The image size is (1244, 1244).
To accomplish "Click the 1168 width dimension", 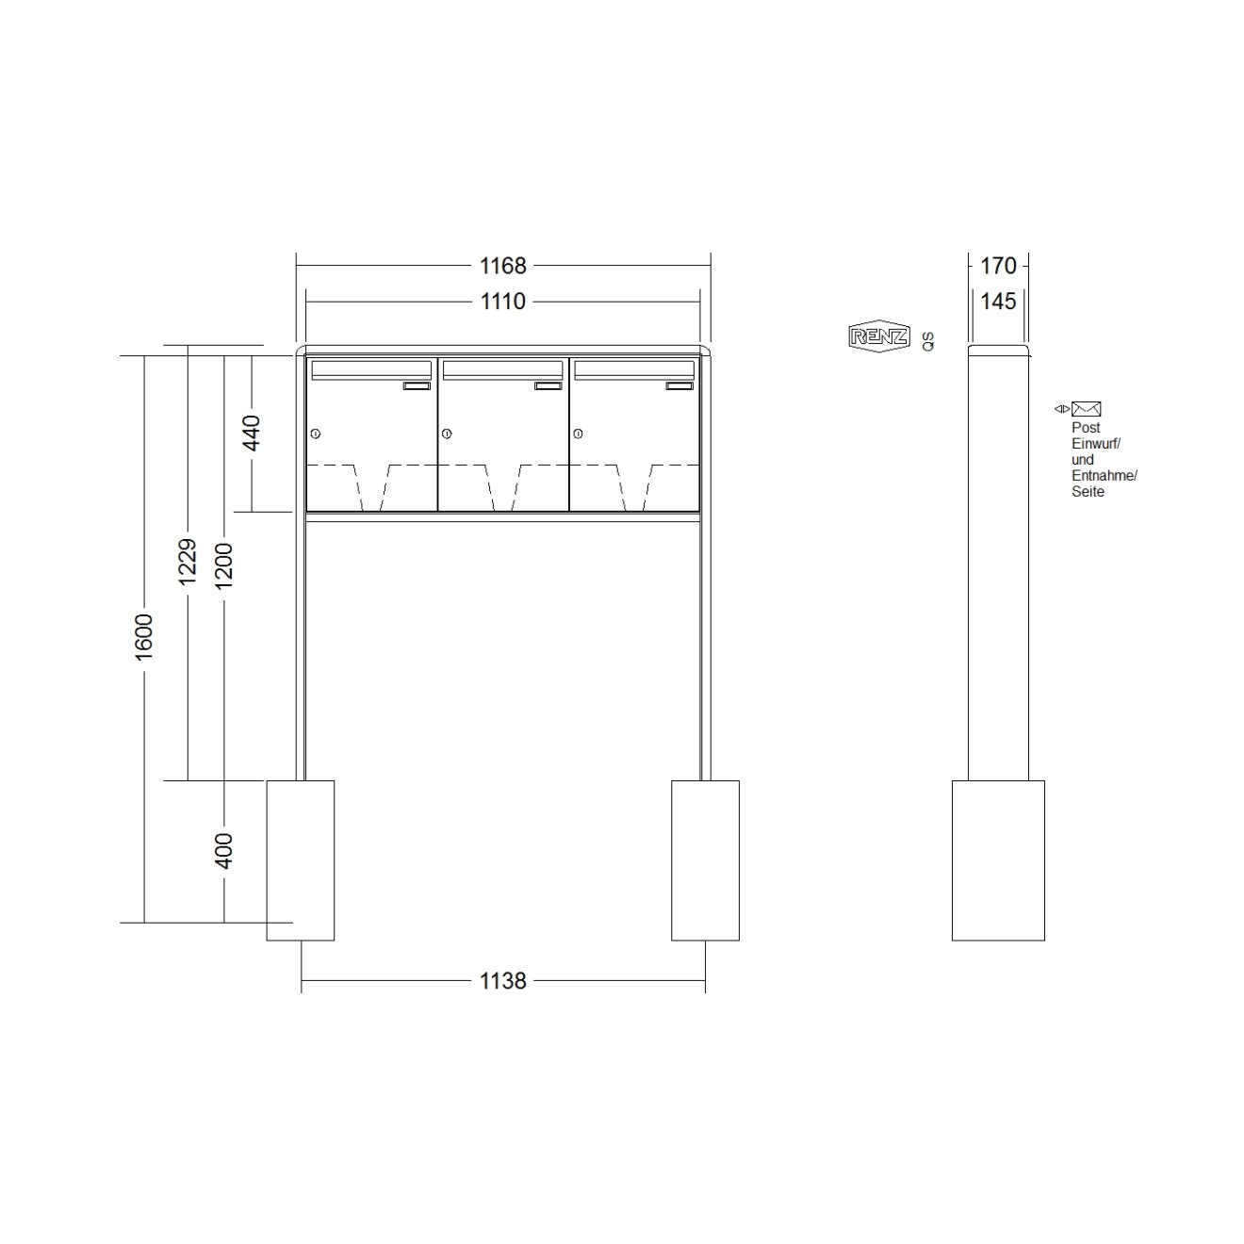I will click(503, 266).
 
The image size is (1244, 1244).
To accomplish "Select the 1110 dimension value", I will click(503, 302).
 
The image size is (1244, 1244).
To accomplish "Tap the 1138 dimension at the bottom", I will click(503, 981).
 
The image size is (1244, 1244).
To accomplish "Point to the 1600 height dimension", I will click(144, 636).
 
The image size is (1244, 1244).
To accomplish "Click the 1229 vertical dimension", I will click(188, 562).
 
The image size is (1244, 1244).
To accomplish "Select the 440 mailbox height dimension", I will click(252, 433).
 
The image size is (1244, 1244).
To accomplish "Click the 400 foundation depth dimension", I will click(223, 851).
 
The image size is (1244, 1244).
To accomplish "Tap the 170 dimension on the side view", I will click(998, 266).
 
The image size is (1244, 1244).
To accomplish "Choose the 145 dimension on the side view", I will click(998, 302).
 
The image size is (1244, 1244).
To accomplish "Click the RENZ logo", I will click(879, 336).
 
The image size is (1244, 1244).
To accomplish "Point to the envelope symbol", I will click(1086, 409).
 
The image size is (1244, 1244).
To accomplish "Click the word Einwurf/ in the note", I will click(1095, 444).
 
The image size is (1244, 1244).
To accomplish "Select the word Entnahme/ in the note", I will click(1104, 476).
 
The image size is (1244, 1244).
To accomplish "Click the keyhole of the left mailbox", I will click(316, 434).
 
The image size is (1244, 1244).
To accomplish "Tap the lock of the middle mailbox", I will click(447, 434).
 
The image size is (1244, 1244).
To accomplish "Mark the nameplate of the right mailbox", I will click(679, 385).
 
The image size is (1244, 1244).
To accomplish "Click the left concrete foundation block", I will click(301, 859).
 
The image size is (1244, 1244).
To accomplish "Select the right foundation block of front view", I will click(705, 859).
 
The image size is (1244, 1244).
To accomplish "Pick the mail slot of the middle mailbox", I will click(503, 369).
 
